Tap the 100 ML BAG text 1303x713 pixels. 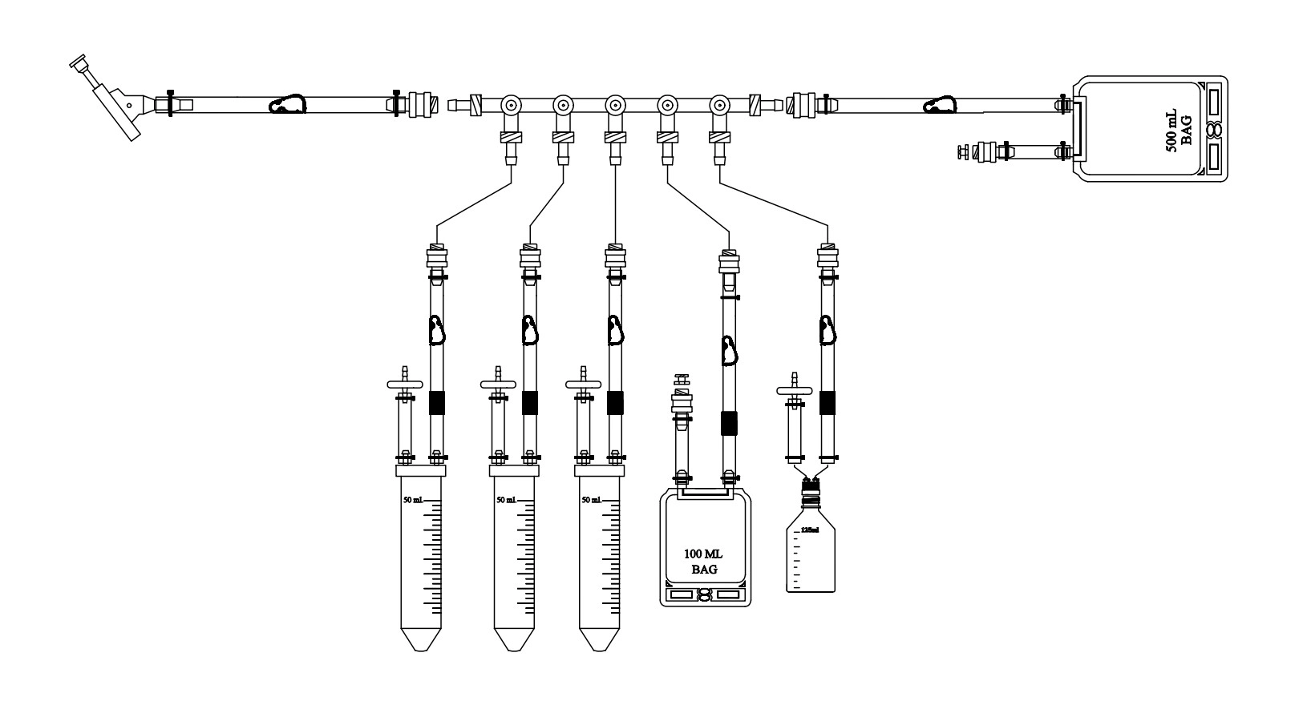pos(703,562)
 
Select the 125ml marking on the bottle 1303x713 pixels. pos(810,530)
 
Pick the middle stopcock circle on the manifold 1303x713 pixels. pos(615,105)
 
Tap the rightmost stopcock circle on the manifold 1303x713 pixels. pos(719,105)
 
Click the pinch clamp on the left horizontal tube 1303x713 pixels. pos(287,105)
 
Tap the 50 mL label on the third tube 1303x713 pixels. pos(591,500)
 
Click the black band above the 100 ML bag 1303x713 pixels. pos(728,422)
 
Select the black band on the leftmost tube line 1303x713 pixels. pos(436,402)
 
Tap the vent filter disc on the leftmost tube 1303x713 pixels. pos(405,385)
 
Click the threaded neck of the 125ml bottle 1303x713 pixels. pos(811,503)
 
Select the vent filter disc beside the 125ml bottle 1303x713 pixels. pos(795,390)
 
